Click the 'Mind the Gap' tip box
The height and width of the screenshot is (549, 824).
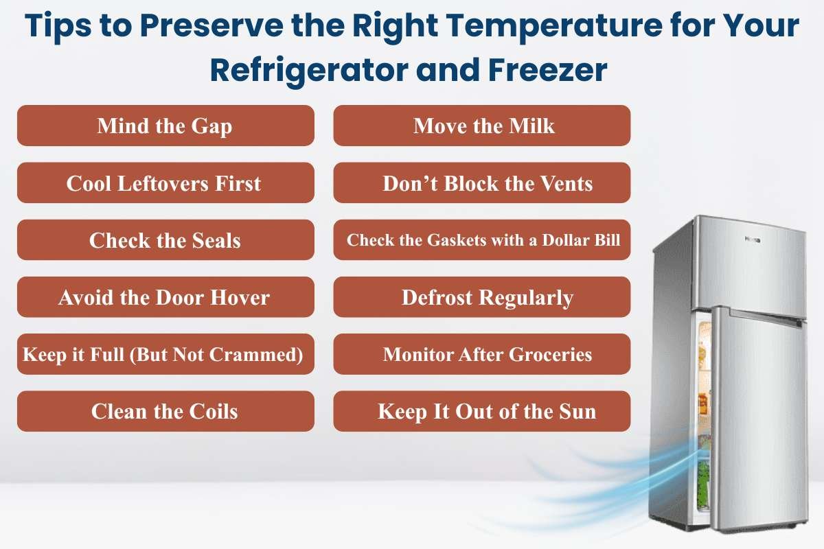point(165,126)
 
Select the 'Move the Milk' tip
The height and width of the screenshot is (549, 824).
point(482,126)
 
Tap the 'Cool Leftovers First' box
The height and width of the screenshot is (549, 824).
point(165,183)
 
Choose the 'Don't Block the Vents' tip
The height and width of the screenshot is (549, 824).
point(482,183)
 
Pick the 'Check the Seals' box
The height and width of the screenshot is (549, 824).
point(165,240)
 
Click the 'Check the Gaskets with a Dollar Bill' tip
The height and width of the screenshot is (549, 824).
point(482,240)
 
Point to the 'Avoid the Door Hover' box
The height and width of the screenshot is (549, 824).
point(165,298)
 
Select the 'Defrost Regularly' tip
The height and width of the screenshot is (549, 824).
point(482,298)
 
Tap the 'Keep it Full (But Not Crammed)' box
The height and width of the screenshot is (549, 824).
point(165,355)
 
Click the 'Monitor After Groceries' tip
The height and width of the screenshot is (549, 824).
point(482,355)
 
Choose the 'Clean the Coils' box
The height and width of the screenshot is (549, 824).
point(165,412)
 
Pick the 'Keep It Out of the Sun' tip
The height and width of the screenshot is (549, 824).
point(482,412)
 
